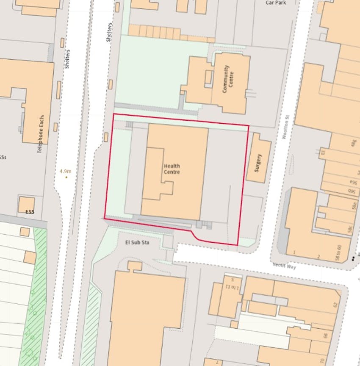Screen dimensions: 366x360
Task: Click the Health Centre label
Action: (172, 169)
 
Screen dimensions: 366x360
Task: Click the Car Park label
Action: (276, 3)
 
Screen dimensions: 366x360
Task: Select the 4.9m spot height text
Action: (66, 171)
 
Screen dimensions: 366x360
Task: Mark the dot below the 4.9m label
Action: (66, 177)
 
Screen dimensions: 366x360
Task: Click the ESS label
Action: (29, 212)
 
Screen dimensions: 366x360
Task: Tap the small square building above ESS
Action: (26, 205)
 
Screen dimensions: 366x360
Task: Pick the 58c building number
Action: (350, 229)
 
